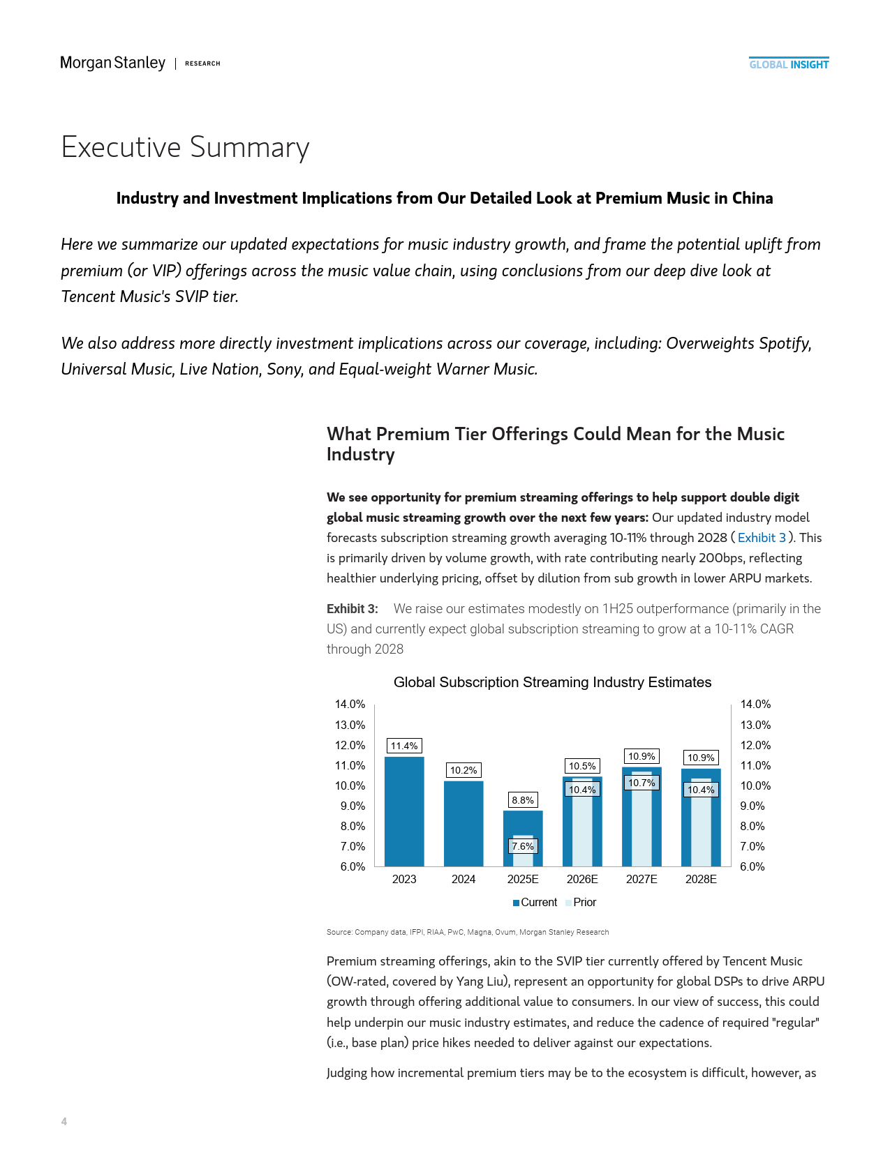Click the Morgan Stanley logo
[x=113, y=63]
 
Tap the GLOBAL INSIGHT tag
[x=789, y=64]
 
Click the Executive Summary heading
[x=185, y=147]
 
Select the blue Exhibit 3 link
[x=762, y=538]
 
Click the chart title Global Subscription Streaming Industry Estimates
[x=552, y=682]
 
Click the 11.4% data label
[x=404, y=746]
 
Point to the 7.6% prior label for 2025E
[x=523, y=846]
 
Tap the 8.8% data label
[x=523, y=800]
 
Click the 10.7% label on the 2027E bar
[x=641, y=783]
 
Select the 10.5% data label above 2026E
[x=582, y=766]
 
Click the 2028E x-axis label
[x=701, y=879]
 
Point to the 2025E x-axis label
[x=523, y=879]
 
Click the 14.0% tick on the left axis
[x=350, y=705]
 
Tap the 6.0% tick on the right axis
[x=752, y=866]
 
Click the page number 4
[x=64, y=1121]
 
